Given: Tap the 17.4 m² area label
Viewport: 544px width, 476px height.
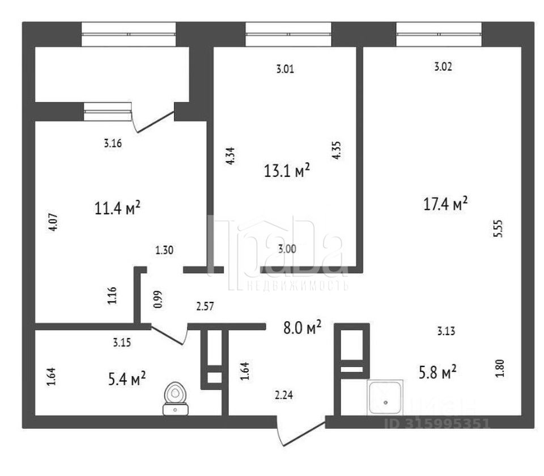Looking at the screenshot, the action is [445, 204].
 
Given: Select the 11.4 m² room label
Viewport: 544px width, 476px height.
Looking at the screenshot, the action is [118, 208].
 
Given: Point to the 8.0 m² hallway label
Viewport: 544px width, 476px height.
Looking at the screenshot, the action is [303, 326].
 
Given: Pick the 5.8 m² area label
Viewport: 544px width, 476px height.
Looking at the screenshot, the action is [441, 373].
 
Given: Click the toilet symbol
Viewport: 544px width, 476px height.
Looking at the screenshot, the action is [176, 398].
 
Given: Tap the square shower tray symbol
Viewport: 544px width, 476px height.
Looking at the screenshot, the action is [385, 399].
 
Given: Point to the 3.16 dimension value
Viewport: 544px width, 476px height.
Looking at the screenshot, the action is [113, 144].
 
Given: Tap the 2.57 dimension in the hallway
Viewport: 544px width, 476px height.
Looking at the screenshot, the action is [205, 307].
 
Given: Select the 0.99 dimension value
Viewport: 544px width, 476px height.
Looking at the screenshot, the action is [157, 299].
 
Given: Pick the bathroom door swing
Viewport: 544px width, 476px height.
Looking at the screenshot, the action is [170, 335].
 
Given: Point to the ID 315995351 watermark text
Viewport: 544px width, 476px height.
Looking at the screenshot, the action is [445, 423].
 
